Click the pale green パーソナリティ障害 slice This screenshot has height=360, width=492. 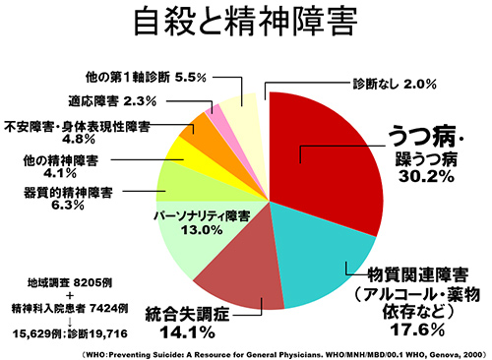pos(182,246)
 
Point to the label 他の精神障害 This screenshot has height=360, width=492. pos(59,158)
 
